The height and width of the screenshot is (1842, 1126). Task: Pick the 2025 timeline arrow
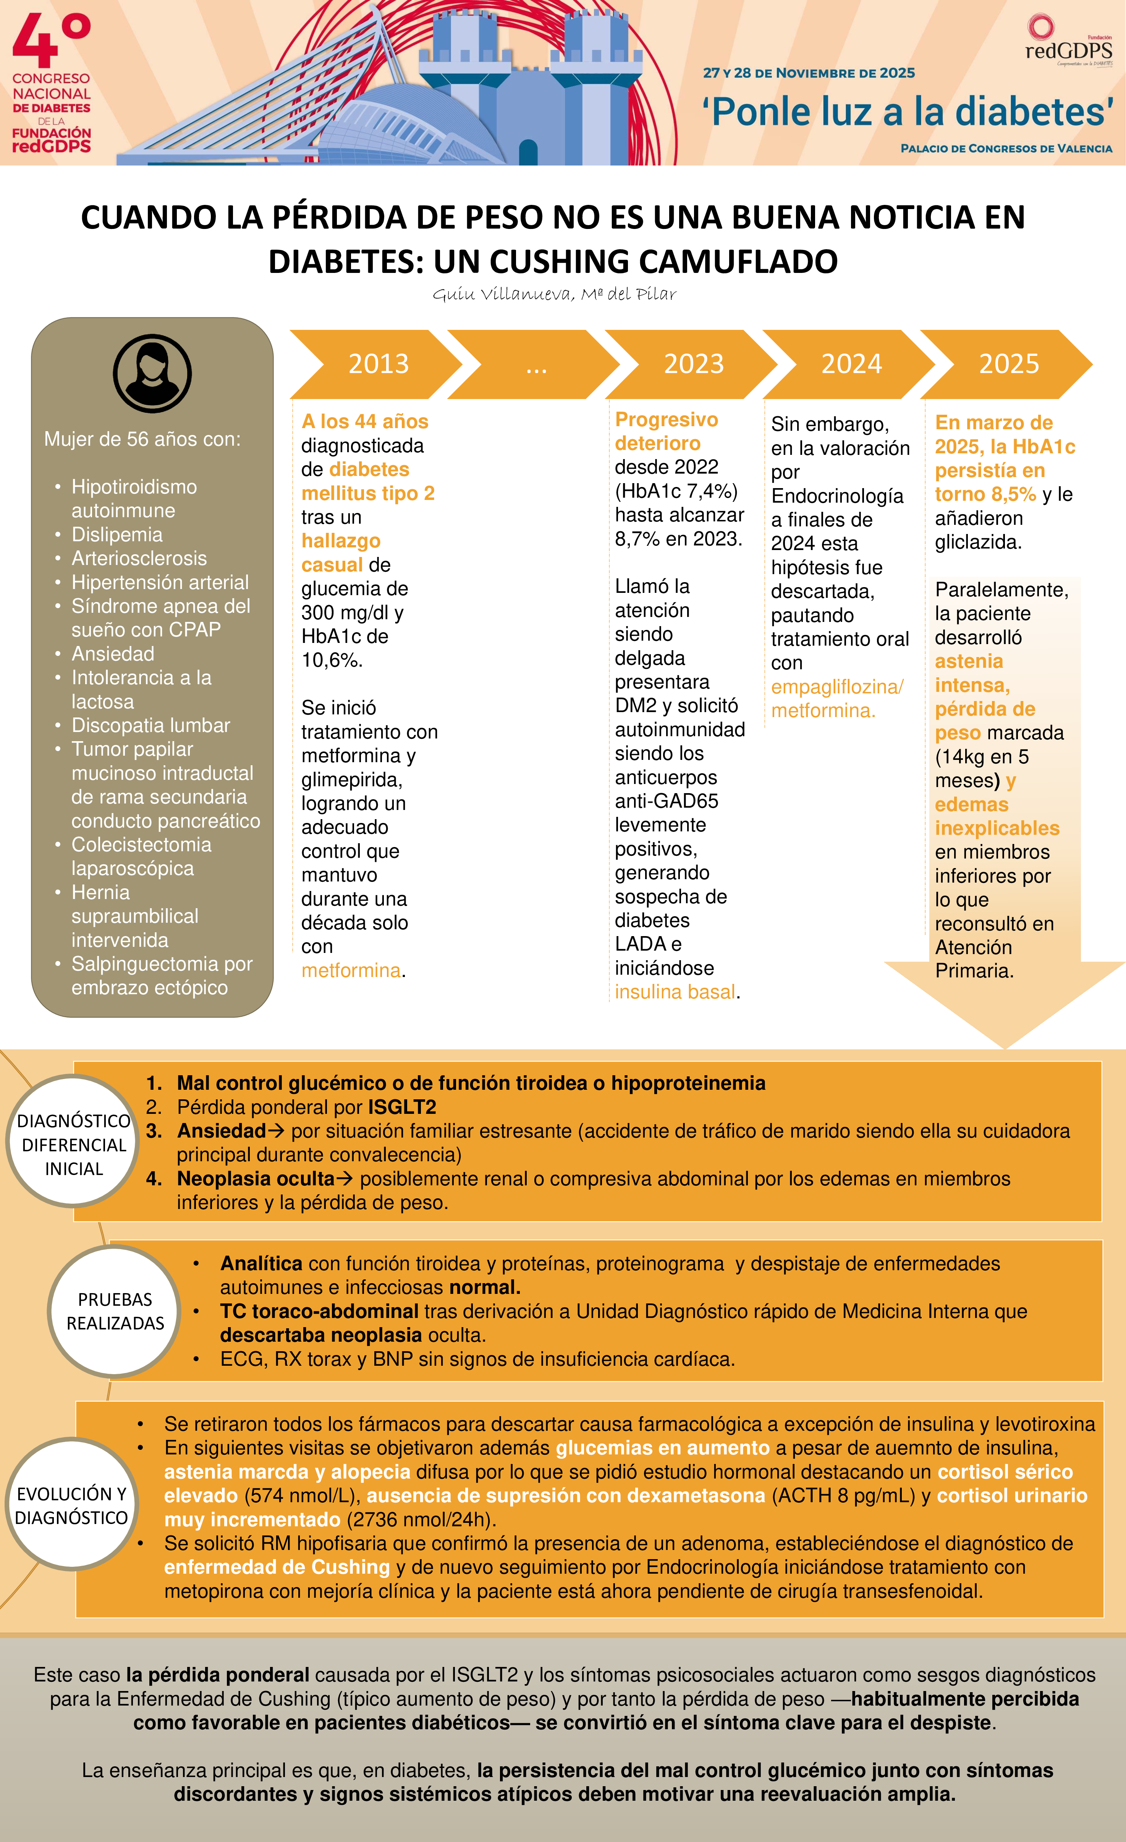[x=1009, y=364]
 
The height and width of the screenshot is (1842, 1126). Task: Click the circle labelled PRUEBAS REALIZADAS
[x=115, y=1311]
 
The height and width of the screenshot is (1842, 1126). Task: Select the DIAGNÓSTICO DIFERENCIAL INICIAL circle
[x=73, y=1144]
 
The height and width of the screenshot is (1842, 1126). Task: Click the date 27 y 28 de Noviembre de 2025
[x=809, y=73]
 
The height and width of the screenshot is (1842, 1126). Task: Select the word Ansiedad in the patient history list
[x=113, y=654]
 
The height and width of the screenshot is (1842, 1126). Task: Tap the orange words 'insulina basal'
[x=675, y=992]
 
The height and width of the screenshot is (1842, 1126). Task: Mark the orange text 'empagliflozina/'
[x=837, y=687]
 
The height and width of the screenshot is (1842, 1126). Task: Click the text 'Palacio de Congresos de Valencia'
[x=1006, y=149]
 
